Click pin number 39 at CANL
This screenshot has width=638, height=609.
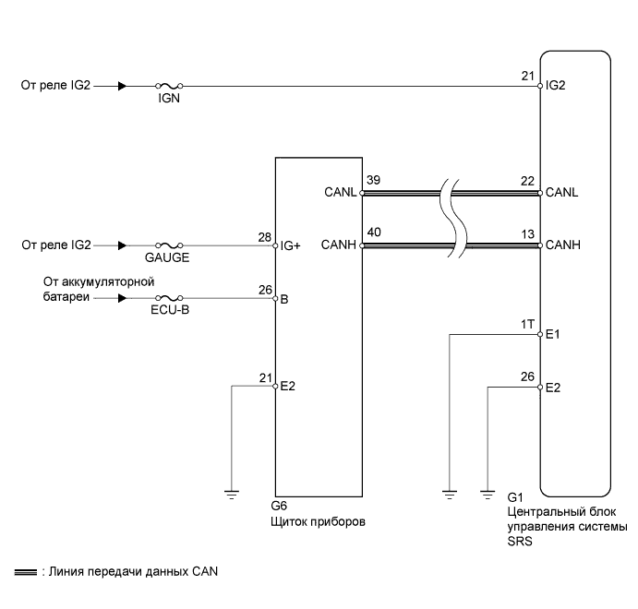coord(373,180)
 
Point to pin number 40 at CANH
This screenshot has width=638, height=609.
coord(373,233)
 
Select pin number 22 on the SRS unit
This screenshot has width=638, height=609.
coord(528,180)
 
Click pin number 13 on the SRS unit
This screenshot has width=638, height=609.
coord(528,233)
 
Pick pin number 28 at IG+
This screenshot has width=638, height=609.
coord(265,237)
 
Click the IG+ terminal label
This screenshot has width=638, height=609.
coord(291,246)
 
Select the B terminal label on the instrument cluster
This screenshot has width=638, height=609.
coord(284,300)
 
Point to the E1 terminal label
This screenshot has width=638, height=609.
coord(553,336)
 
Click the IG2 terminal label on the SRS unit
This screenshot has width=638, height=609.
coord(555,87)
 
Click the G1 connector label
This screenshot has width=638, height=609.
coord(515,496)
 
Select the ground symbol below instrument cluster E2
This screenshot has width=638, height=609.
coord(231,494)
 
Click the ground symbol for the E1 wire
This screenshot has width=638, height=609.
coord(449,494)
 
